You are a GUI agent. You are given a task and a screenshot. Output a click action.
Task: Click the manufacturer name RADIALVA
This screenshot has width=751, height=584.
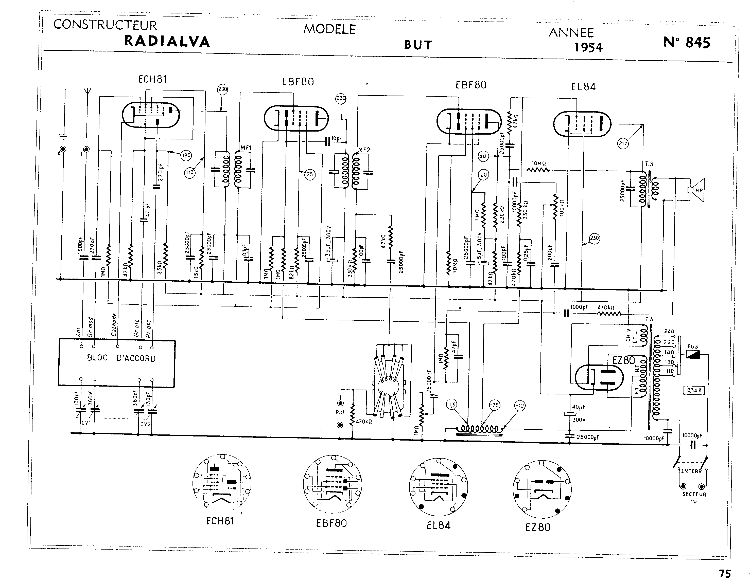(x=167, y=41)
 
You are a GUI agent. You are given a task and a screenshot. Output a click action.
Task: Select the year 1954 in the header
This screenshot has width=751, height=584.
(x=588, y=47)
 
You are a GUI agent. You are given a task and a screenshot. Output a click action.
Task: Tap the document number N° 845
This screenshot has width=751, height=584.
(x=686, y=43)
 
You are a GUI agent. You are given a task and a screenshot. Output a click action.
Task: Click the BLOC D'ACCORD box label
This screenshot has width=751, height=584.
(x=121, y=358)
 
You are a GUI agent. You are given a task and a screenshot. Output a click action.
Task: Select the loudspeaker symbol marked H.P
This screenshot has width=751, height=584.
(x=696, y=190)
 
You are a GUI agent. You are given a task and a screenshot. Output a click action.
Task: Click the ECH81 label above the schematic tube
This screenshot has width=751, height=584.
(x=152, y=79)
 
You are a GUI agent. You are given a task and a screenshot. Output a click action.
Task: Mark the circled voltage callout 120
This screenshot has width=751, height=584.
(x=186, y=155)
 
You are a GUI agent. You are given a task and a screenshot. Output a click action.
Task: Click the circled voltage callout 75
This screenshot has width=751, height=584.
(x=310, y=175)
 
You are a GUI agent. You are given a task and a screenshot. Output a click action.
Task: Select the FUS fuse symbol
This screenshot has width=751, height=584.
(x=693, y=354)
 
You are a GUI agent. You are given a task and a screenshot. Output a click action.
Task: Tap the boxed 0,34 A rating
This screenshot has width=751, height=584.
(x=694, y=391)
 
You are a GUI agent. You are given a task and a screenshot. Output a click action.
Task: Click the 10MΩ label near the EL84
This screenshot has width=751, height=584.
(x=539, y=163)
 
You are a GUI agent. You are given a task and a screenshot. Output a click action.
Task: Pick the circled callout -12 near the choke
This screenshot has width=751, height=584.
(x=521, y=406)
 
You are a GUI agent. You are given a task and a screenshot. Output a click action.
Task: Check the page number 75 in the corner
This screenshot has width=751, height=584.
(x=725, y=573)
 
